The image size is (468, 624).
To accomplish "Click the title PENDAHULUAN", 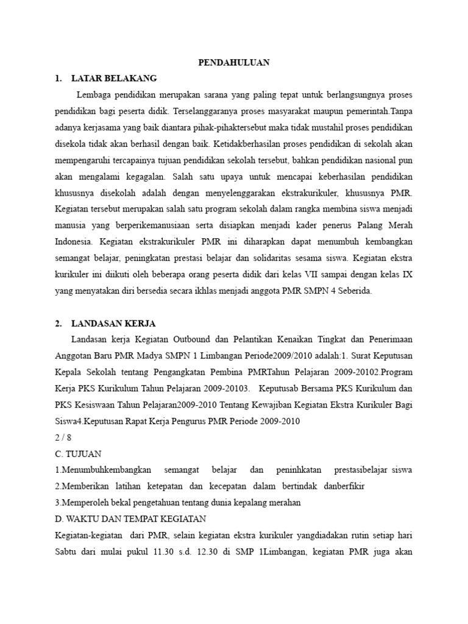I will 235,62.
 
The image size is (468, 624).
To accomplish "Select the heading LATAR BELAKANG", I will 114,79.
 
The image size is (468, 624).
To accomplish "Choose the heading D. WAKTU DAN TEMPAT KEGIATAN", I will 131,519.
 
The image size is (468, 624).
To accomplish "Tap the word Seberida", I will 352,291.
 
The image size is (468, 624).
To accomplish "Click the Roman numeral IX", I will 408,275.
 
